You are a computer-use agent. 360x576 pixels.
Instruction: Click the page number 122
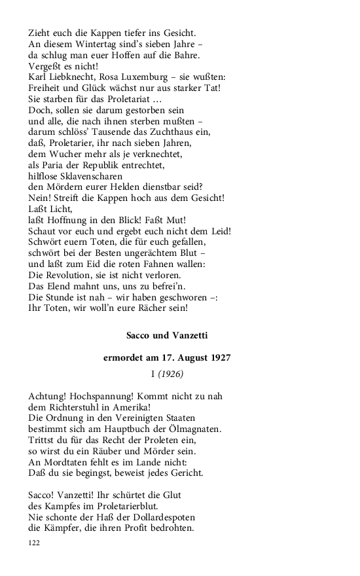coord(35,543)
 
